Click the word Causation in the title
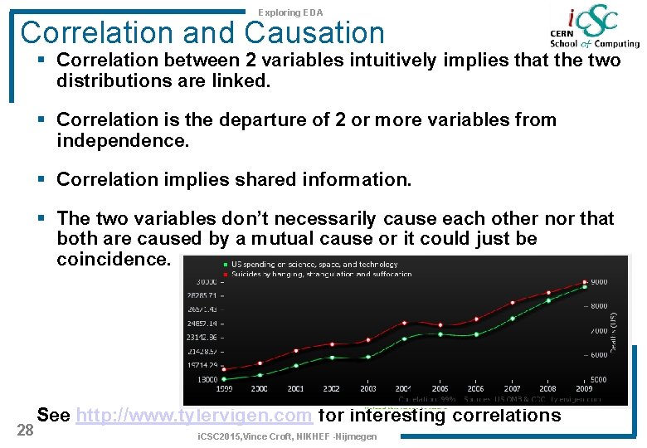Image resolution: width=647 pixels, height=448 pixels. [315, 33]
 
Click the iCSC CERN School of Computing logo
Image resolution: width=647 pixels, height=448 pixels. [594, 29]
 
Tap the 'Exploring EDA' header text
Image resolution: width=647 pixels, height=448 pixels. [290, 12]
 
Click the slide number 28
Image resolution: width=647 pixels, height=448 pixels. [26, 428]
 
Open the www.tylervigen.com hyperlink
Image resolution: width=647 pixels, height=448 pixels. [193, 416]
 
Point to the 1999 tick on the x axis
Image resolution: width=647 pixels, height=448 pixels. [224, 388]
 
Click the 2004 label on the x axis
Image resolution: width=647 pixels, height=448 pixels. [403, 388]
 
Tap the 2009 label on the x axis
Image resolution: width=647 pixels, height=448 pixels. [584, 388]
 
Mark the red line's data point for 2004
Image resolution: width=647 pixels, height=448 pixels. [404, 322]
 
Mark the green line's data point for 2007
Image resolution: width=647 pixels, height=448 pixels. [513, 318]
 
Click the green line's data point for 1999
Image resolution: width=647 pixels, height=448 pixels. [224, 378]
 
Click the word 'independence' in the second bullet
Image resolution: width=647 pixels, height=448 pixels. [123, 140]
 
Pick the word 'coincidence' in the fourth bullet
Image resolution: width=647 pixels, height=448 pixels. [113, 259]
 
